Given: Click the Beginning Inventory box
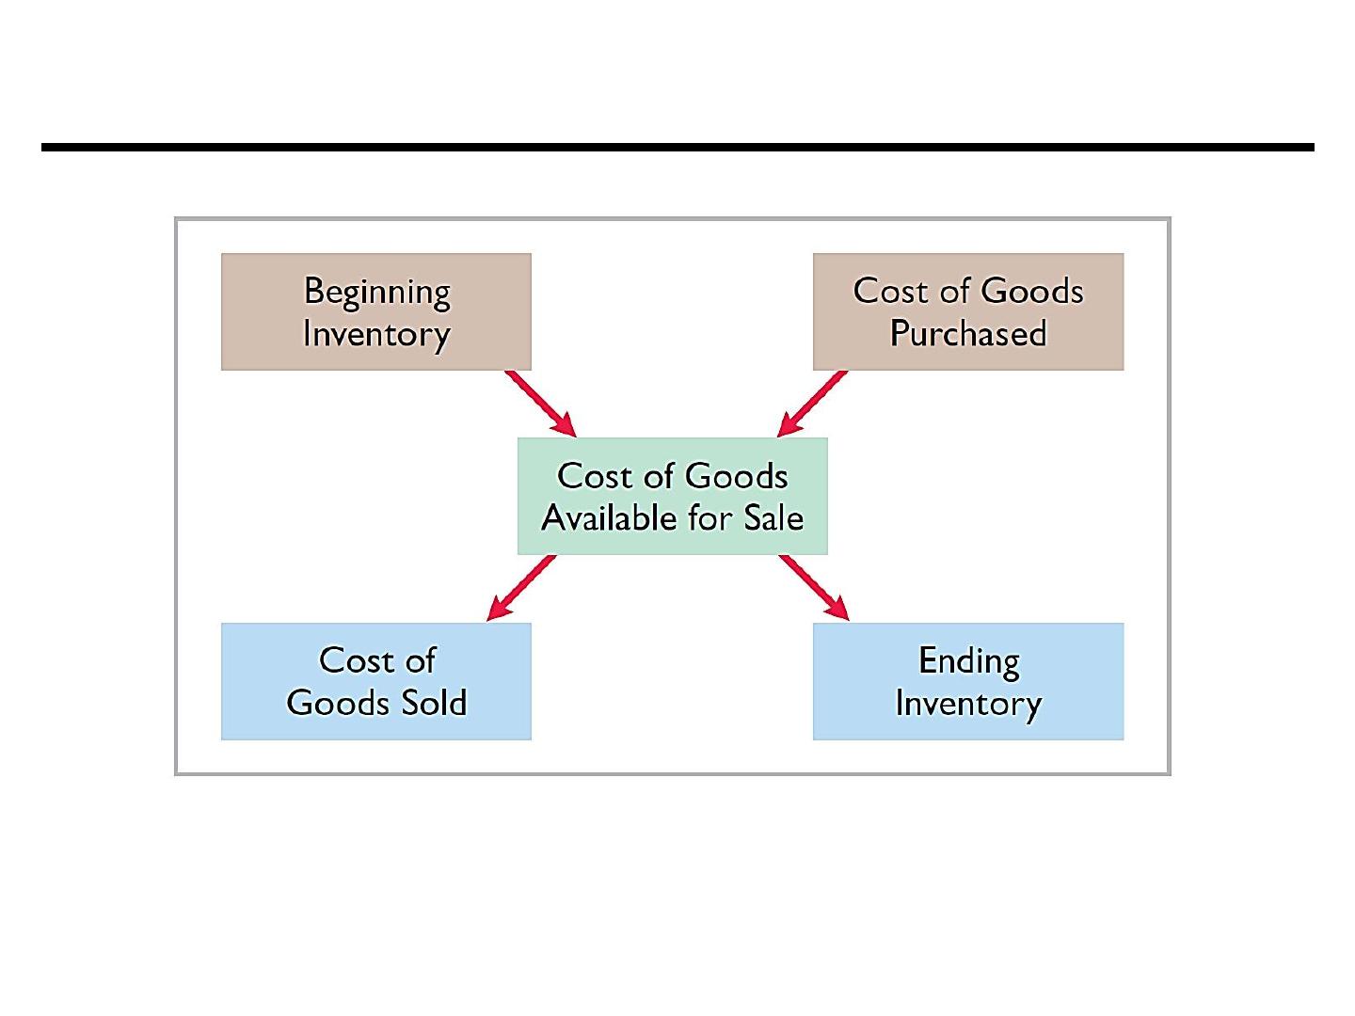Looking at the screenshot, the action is coord(376,311).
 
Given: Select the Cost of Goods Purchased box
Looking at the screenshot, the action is coord(968,311).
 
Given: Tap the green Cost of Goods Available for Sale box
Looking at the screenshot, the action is coord(672,496).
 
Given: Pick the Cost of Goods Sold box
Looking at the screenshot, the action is coord(376,681).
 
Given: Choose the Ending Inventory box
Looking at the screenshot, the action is coord(968,681).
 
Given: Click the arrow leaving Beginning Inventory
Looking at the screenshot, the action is coord(541,404).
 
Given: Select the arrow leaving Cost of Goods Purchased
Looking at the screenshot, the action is coord(812,404).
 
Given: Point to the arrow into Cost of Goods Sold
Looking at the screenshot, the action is coord(521,588).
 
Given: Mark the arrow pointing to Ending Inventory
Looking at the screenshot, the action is coord(814,588).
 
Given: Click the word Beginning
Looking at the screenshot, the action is coord(377,293).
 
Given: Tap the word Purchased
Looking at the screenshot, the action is coord(968,333).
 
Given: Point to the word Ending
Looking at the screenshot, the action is coord(969,662).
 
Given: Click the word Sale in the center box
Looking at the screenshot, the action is coord(773,517).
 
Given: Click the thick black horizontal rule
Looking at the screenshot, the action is coord(677,148).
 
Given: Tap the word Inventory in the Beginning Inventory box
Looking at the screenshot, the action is coord(376,336).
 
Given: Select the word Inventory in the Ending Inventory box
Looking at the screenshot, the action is coord(968,705).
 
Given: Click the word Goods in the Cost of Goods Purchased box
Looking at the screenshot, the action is coord(1031,291).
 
